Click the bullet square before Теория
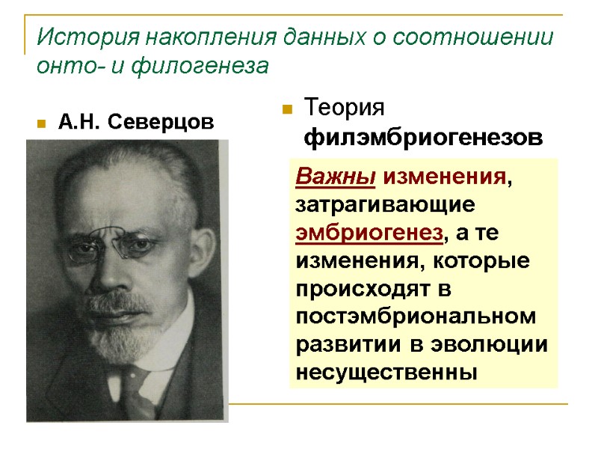point(286,110)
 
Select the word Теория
point(345,109)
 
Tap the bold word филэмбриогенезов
point(425,138)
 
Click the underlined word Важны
point(336,177)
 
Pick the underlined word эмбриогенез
point(369,232)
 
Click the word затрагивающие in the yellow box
point(382,204)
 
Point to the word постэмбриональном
point(416,317)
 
